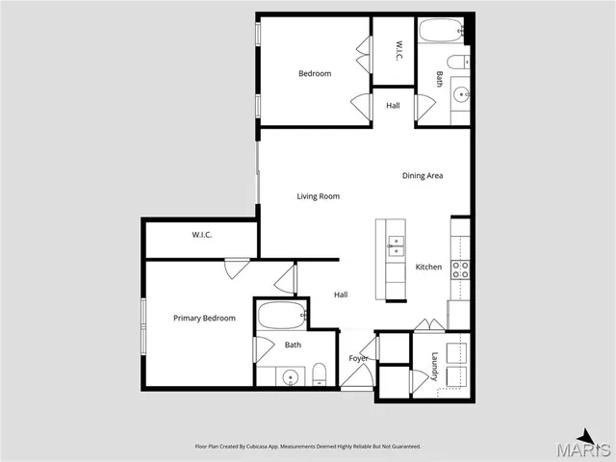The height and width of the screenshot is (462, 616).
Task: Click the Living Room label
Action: (x=318, y=196)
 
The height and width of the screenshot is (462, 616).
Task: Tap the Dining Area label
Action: (x=422, y=175)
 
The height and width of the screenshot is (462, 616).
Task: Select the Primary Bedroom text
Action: (x=204, y=318)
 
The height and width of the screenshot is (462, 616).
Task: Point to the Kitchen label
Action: (x=428, y=267)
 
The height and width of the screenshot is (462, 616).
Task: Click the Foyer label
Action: (x=358, y=358)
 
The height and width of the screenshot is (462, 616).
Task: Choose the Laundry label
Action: (x=435, y=366)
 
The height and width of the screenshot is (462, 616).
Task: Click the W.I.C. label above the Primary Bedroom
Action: (x=201, y=235)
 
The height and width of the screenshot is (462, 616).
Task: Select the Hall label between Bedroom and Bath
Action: (x=393, y=105)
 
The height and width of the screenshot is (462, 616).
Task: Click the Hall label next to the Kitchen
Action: (x=341, y=295)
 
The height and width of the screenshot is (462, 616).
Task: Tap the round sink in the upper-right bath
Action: (x=460, y=94)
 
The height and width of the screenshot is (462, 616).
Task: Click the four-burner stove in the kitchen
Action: (x=460, y=269)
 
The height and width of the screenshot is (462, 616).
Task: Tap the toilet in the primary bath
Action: (x=319, y=374)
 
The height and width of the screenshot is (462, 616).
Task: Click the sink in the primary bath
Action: (x=289, y=376)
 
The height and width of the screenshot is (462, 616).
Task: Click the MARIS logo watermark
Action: (x=589, y=445)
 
